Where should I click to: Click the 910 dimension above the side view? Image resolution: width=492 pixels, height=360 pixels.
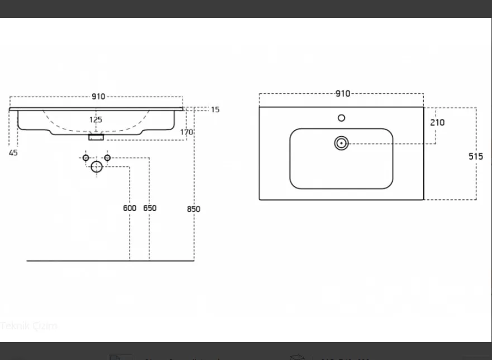tap(98, 97)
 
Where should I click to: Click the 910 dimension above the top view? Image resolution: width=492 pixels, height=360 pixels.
tap(342, 94)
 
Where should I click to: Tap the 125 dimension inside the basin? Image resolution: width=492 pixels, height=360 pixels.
tap(96, 119)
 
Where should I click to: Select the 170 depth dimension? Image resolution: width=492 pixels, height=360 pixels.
tap(187, 132)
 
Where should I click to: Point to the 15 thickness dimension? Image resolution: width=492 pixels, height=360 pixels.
tap(215, 109)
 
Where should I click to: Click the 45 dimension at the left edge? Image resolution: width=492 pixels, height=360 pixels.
tap(13, 153)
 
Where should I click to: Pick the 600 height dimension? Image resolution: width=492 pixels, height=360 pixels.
tap(130, 208)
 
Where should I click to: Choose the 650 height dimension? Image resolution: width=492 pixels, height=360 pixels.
tap(150, 208)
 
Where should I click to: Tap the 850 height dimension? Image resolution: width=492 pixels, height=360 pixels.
tap(193, 209)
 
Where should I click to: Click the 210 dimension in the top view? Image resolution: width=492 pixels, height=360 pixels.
tap(438, 122)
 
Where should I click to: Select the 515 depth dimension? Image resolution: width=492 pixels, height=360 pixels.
tap(475, 156)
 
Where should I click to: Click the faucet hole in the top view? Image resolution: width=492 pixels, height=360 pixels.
tap(341, 118)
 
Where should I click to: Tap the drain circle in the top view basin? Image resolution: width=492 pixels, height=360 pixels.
tap(341, 143)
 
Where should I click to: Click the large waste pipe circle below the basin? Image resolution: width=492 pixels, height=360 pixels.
tap(97, 166)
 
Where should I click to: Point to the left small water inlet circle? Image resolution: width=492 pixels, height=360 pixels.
tap(86, 158)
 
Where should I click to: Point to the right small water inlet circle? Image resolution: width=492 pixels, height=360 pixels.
tap(107, 158)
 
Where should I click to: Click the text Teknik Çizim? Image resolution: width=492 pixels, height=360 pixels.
tap(29, 325)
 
